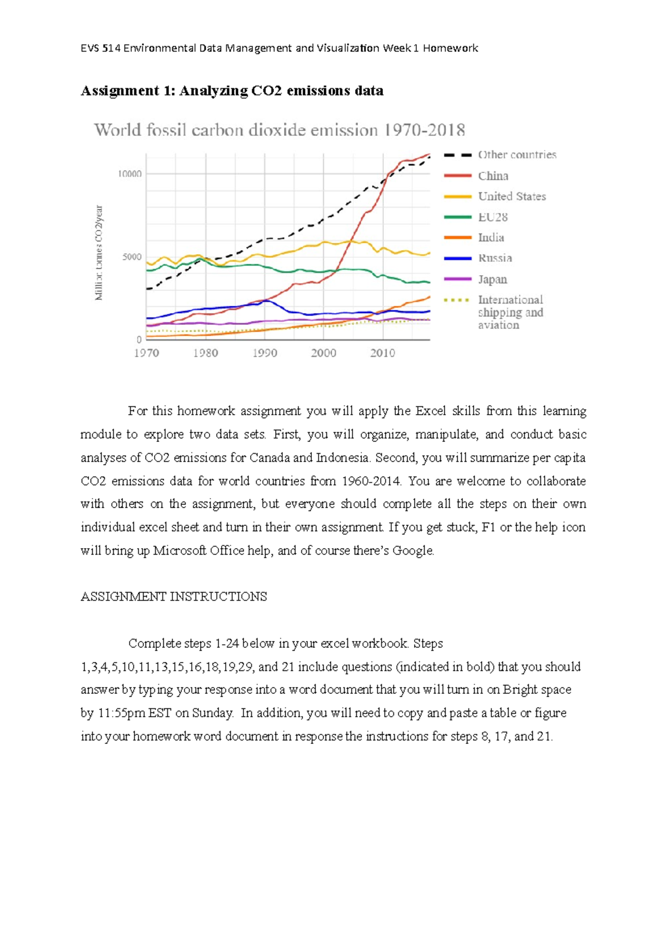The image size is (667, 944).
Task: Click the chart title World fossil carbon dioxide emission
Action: (x=280, y=130)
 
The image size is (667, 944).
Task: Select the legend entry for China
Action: (x=493, y=176)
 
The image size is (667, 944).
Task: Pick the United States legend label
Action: (x=511, y=196)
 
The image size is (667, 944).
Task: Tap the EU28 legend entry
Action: (x=492, y=217)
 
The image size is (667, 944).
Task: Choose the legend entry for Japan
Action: (x=492, y=279)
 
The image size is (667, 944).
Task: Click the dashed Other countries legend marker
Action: (x=458, y=155)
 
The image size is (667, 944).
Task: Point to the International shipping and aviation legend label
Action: (x=510, y=312)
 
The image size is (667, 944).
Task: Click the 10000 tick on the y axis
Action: (x=130, y=174)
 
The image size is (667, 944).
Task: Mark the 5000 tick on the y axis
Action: (x=132, y=257)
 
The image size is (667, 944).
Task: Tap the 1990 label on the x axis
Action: (x=265, y=353)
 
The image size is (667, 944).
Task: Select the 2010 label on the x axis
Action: (x=382, y=353)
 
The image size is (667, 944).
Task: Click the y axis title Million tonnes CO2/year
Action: (x=99, y=253)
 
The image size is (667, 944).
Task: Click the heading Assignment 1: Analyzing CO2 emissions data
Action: (x=232, y=91)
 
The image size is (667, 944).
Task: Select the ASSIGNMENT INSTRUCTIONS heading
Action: (x=173, y=597)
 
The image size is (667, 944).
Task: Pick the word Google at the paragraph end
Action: (x=412, y=550)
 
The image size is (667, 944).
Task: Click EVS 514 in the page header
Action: (x=101, y=48)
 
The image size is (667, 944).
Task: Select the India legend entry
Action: (x=491, y=237)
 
